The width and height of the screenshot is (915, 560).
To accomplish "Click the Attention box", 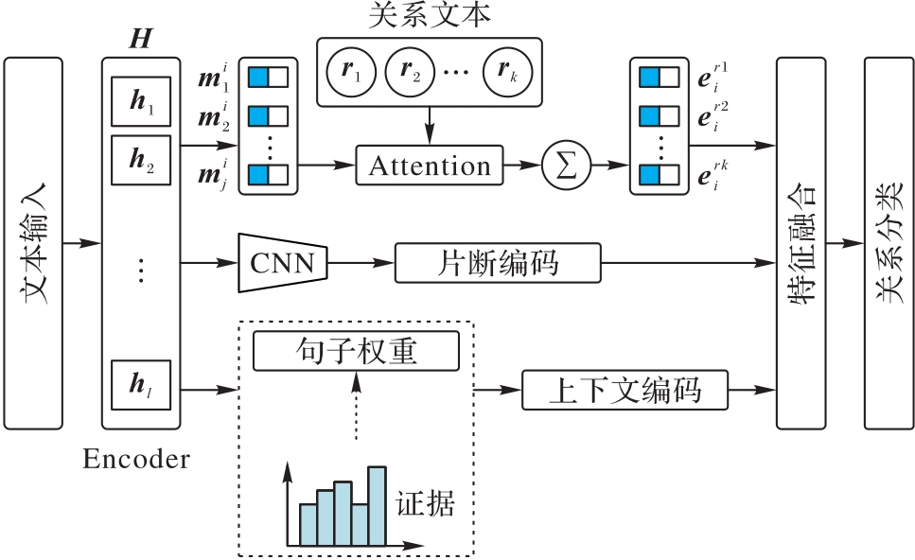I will click(430, 166).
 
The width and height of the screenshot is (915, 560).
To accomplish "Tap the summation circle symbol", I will click(565, 166).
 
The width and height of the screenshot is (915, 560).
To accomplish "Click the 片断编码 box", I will click(497, 262).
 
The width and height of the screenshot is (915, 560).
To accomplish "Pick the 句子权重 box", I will click(356, 352).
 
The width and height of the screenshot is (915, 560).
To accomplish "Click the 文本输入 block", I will click(33, 243).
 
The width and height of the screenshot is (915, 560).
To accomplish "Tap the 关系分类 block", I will click(889, 243).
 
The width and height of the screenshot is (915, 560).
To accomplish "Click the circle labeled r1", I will click(352, 72).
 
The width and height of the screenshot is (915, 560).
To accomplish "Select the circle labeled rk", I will click(507, 72).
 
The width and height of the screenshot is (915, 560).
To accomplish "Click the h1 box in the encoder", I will click(140, 101).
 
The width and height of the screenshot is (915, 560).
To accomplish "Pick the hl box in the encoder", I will click(140, 384).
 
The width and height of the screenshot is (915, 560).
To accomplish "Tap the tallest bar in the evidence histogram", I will click(378, 506).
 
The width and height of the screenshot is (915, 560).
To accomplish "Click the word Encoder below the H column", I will click(136, 461).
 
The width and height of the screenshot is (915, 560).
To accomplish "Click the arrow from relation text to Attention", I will click(430, 127).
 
